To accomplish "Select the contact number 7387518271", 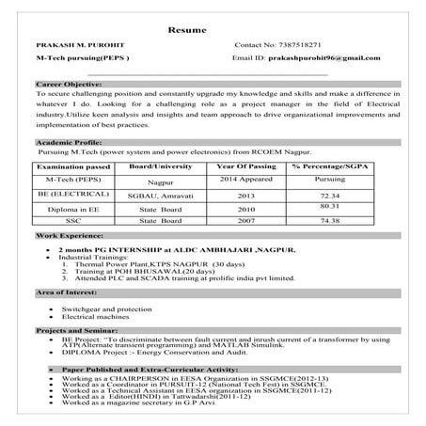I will [x=294, y=44].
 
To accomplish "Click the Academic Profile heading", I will [x=68, y=138].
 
